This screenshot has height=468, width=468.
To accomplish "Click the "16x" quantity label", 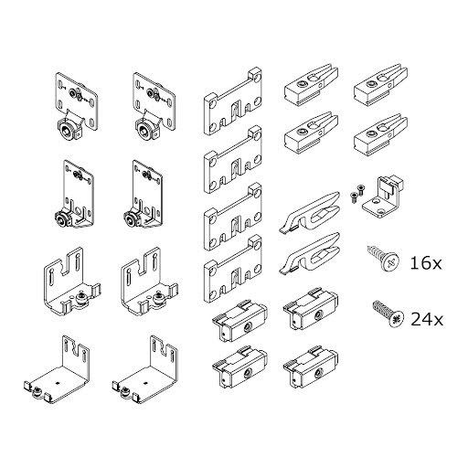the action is tap(425, 263).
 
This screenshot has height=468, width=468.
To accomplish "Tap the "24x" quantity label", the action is tap(427, 319).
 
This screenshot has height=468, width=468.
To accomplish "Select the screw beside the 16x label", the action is tap(383, 259).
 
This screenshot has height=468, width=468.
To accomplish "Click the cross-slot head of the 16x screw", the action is tap(390, 261).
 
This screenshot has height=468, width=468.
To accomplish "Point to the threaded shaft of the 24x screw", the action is tap(381, 309).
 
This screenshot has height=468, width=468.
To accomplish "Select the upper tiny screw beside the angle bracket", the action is tap(360, 188).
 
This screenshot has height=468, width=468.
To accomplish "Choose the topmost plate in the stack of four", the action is tap(233, 102).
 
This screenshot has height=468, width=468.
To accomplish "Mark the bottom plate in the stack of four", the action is tap(233, 269).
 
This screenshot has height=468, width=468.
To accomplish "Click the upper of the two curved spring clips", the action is tap(309, 212).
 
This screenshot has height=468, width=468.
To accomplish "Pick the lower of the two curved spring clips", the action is tap(309, 253).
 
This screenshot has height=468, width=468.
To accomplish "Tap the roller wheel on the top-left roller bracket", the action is tap(67, 130).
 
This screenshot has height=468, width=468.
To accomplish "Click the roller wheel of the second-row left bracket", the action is tap(63, 218).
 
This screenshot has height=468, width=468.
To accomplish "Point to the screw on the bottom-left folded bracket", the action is tap(37, 391).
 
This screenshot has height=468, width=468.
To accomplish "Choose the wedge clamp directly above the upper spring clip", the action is tap(312, 132).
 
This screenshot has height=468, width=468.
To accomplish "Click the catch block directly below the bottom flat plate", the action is tap(240, 322).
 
